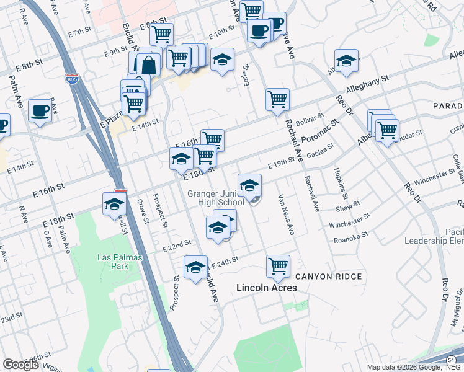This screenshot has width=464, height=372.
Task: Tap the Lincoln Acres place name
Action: tap(267, 288)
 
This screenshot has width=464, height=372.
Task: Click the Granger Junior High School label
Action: tap(216, 198)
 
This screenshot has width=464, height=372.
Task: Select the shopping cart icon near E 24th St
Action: tap(279, 266)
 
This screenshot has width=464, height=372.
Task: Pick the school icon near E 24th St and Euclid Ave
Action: tap(196, 267)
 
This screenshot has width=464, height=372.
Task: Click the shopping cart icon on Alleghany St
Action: tap(277, 99)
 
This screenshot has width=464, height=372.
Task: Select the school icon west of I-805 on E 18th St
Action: tap(115, 204)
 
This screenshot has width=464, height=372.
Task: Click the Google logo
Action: tap(20, 364)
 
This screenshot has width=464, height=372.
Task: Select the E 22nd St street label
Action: tap(176, 246)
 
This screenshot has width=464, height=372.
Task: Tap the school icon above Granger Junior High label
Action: tap(249, 185)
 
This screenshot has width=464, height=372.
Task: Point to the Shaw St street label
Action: tap(348, 206)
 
